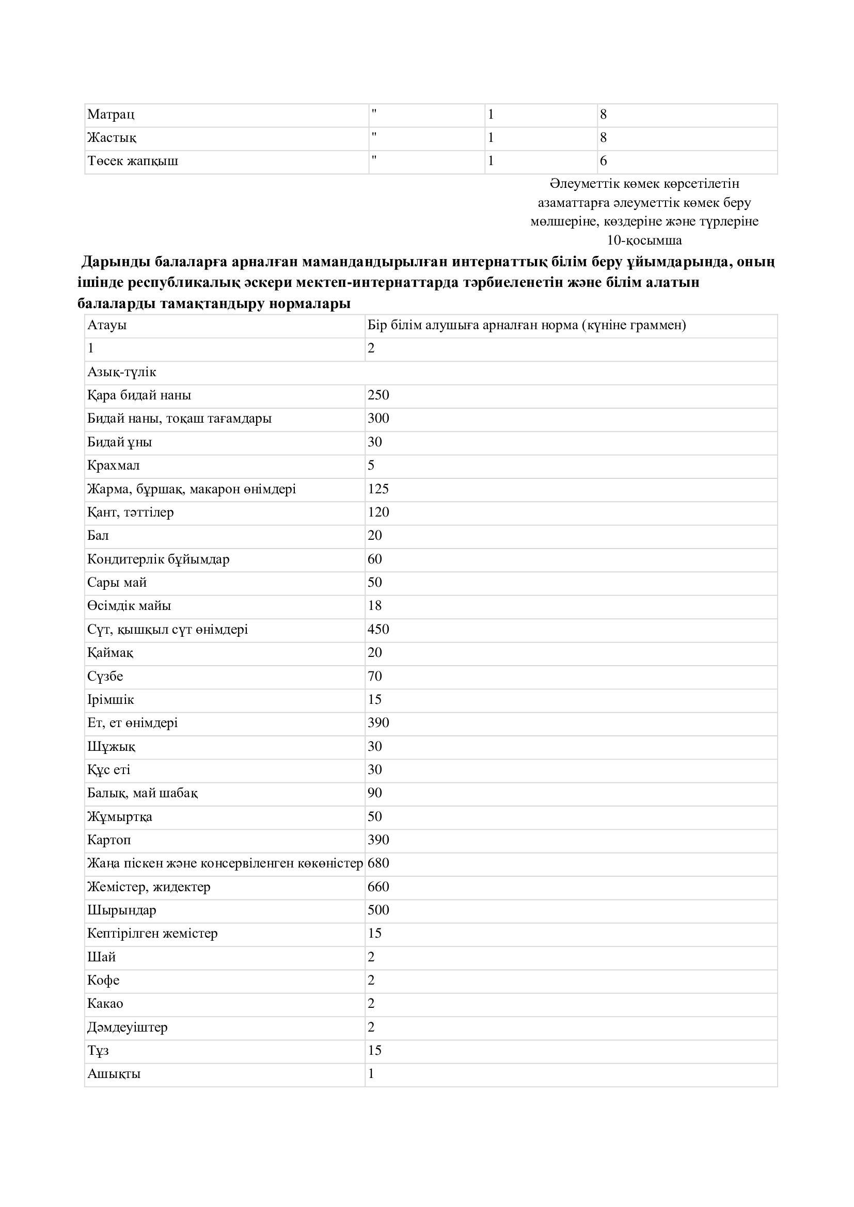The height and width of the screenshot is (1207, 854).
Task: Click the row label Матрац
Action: (110, 114)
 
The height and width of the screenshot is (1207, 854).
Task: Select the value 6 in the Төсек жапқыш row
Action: (603, 161)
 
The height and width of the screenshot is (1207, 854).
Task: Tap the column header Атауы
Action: (107, 325)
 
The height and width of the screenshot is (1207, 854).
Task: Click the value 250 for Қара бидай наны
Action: (378, 395)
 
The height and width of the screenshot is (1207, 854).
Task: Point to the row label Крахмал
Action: (114, 465)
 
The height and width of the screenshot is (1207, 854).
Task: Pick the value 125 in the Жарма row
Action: (378, 489)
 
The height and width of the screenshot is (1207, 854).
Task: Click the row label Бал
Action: (98, 536)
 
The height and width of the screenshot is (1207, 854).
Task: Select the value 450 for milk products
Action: (378, 629)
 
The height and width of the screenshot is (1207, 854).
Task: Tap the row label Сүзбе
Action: (105, 676)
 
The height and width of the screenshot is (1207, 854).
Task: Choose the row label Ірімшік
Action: (110, 700)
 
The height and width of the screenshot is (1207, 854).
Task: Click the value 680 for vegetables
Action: (378, 863)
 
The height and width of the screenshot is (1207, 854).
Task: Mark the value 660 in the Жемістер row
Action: (378, 887)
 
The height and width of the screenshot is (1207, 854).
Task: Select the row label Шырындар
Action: (121, 910)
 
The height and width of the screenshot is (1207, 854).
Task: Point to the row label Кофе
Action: (103, 980)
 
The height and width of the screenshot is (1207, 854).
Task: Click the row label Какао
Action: (105, 1004)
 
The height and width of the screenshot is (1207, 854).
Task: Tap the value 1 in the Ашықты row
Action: (371, 1073)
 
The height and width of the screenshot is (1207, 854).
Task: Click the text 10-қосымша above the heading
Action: (644, 240)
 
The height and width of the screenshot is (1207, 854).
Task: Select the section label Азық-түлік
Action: (121, 372)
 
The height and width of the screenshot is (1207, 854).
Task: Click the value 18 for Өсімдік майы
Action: (374, 606)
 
